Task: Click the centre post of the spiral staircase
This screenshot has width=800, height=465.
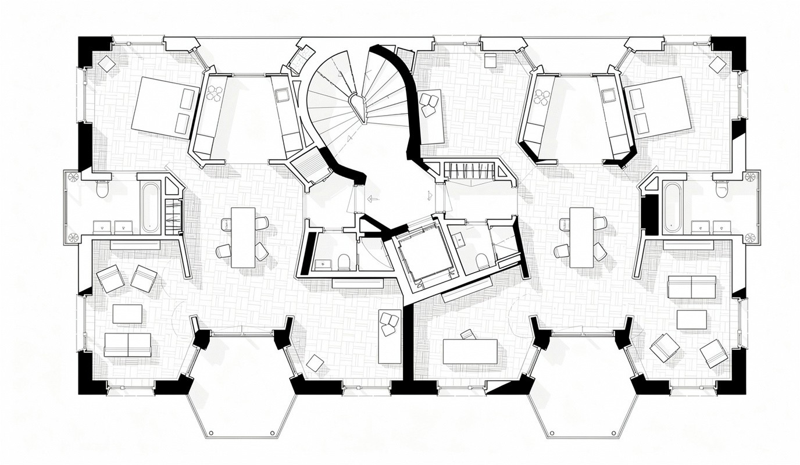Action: tap(356, 102)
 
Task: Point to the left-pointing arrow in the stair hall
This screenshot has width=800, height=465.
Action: tap(371, 198)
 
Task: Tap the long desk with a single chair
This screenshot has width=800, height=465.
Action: tap(470, 351)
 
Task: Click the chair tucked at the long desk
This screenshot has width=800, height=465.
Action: tap(467, 334)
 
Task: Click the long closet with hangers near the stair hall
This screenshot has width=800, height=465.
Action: tap(472, 171)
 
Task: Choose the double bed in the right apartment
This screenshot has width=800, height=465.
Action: tap(657, 109)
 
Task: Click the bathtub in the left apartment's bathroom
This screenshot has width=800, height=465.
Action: tap(150, 208)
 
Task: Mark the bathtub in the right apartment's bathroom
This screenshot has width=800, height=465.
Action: tap(673, 208)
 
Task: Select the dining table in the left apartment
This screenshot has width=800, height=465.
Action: tap(243, 237)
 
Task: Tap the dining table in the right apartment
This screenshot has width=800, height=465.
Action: tap(581, 237)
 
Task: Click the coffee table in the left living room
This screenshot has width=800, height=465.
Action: tap(127, 314)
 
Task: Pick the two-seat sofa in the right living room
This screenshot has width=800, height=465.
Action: tap(691, 287)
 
